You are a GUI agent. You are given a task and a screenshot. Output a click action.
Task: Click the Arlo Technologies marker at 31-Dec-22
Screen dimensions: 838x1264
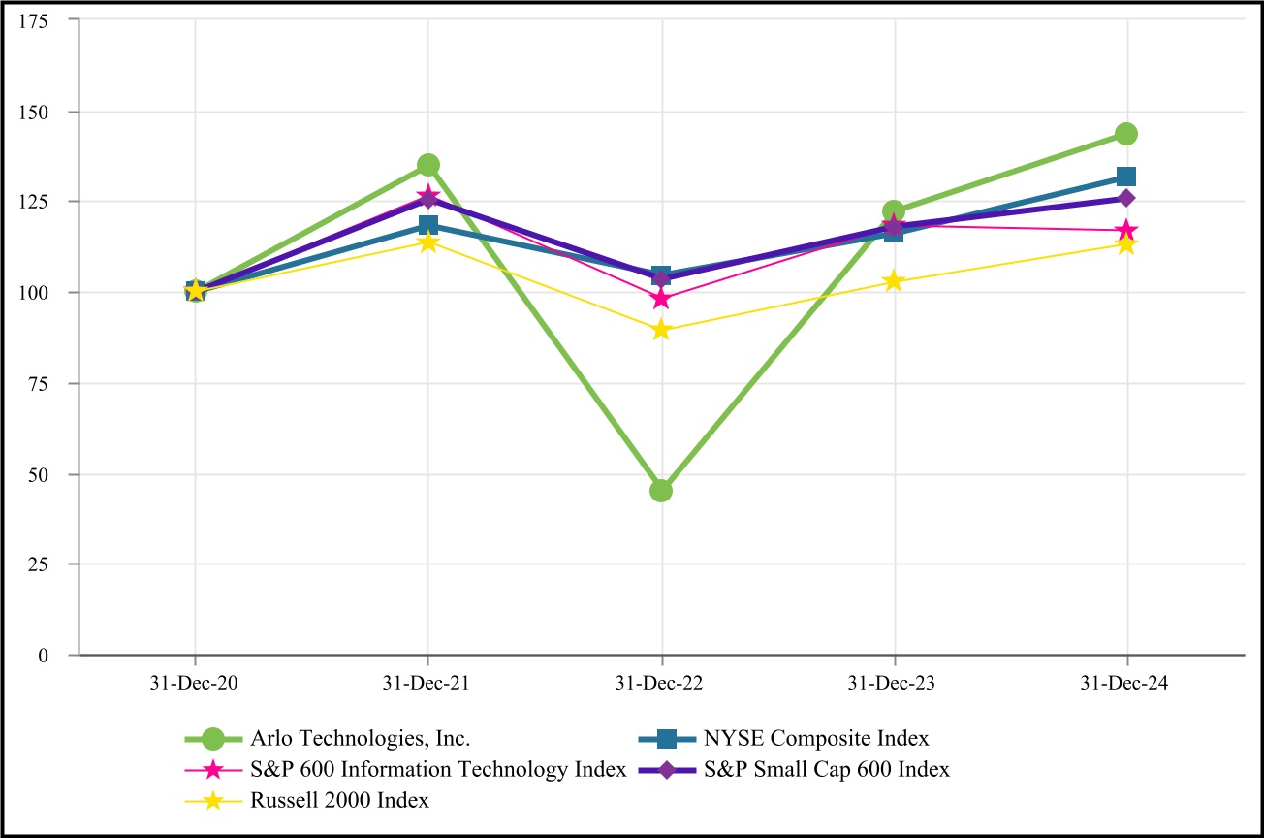tap(661, 490)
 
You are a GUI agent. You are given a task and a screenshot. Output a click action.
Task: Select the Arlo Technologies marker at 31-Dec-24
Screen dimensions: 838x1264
tap(1125, 134)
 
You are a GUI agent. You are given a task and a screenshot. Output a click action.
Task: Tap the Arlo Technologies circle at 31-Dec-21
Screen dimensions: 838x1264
tap(428, 165)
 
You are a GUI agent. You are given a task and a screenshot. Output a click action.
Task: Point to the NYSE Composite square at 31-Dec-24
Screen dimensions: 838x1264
tap(1125, 177)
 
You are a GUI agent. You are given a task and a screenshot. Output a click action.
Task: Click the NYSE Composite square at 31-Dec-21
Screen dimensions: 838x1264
tap(428, 225)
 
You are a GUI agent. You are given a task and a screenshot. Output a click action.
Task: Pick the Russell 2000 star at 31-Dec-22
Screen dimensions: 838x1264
tap(661, 330)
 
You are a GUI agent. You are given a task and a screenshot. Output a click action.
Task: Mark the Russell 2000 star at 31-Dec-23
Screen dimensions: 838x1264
tap(894, 281)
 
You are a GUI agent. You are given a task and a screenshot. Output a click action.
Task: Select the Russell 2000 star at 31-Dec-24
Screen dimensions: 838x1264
tap(1125, 244)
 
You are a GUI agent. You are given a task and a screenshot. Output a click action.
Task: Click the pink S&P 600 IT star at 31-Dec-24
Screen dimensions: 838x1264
tap(1125, 231)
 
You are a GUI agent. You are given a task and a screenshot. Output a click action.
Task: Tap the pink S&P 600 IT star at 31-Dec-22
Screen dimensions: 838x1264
tap(661, 299)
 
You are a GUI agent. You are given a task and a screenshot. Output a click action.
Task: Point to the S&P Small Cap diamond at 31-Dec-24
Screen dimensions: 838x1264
tap(1125, 198)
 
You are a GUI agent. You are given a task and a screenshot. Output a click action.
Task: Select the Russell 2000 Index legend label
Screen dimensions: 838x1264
tap(339, 800)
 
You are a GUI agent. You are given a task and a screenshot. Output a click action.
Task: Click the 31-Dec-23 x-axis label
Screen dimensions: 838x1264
tap(894, 683)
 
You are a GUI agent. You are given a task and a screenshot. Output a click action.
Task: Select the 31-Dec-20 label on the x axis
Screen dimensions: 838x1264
tap(196, 683)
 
